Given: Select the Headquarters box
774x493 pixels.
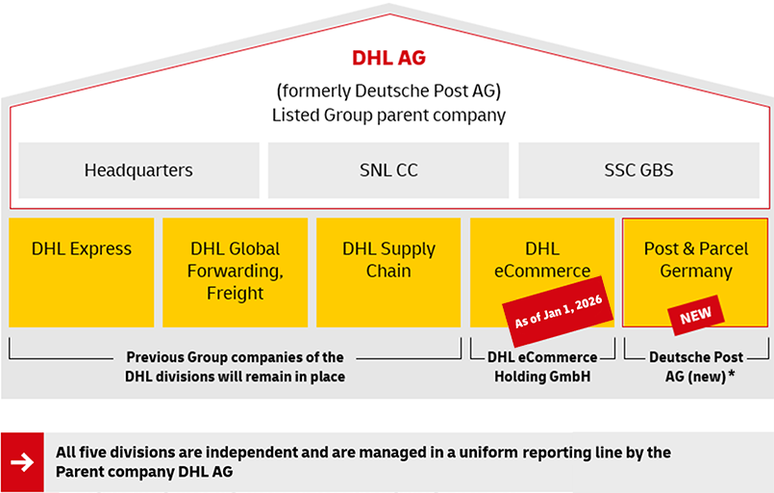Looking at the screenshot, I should (138, 170).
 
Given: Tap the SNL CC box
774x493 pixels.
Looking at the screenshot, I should (387, 170).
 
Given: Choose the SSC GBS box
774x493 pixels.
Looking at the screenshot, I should (638, 170).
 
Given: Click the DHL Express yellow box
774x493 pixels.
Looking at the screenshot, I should (81, 272).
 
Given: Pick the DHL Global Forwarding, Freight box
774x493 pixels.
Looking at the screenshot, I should (235, 272).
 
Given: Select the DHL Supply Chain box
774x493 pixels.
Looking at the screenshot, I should (388, 260).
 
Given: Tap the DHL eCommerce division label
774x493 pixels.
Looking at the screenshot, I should (541, 259).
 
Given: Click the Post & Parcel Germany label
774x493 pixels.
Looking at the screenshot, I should (696, 259).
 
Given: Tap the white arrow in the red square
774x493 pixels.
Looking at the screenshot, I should (21, 461).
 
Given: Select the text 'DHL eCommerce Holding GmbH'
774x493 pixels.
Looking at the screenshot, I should (542, 367).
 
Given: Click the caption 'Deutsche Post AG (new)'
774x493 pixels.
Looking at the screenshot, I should (688, 367).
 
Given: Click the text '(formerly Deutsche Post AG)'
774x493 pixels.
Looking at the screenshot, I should (387, 91).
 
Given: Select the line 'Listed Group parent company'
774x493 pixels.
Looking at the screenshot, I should (387, 115).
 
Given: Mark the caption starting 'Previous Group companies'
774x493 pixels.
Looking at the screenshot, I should (235, 367).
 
